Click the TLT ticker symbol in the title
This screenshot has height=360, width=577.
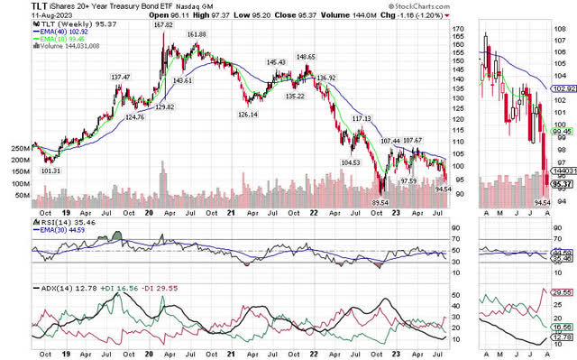point(15,5)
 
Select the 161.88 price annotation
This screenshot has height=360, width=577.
point(197,34)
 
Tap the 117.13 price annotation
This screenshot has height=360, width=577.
point(362,119)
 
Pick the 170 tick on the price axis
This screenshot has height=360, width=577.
point(457,30)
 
